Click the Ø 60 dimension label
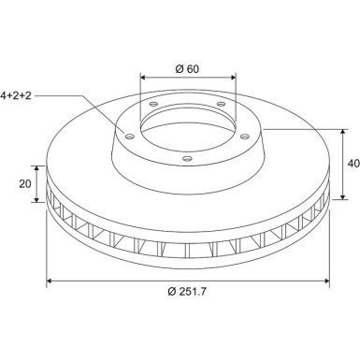pyautogui.click(x=187, y=69)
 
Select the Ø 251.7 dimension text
pyautogui.click(x=187, y=292)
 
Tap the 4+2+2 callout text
pyautogui.click(x=16, y=95)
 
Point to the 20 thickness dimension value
pyautogui.click(x=25, y=184)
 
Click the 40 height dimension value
pyautogui.click(x=353, y=164)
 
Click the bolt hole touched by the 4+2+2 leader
pyautogui.click(x=129, y=137)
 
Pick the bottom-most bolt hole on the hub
pyautogui.click(x=187, y=159)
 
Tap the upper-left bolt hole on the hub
pyautogui.click(x=153, y=104)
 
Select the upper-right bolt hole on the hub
pyautogui.click(x=221, y=104)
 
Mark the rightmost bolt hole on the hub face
pyautogui.click(x=245, y=137)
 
